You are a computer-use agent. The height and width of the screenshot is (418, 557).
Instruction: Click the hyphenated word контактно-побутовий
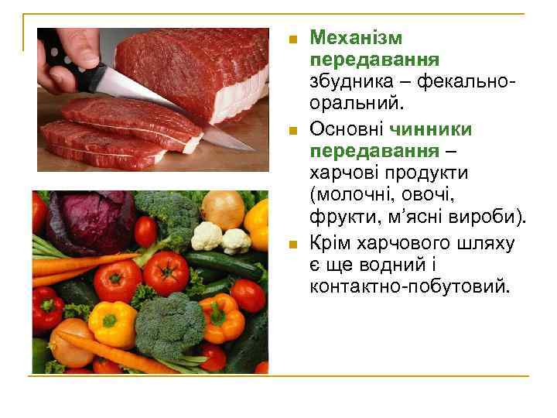click(x=409, y=287)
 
